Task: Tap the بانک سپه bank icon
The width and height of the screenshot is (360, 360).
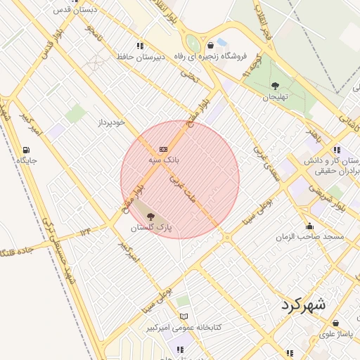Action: tap(164, 150)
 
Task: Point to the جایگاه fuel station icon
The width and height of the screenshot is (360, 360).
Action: tap(27, 150)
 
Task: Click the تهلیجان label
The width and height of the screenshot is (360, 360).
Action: tap(276, 98)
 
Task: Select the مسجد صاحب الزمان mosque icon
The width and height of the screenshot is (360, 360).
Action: tap(310, 226)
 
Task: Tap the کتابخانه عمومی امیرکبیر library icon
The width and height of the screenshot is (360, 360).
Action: tap(184, 317)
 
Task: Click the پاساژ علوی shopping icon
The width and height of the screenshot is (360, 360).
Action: tap(335, 323)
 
